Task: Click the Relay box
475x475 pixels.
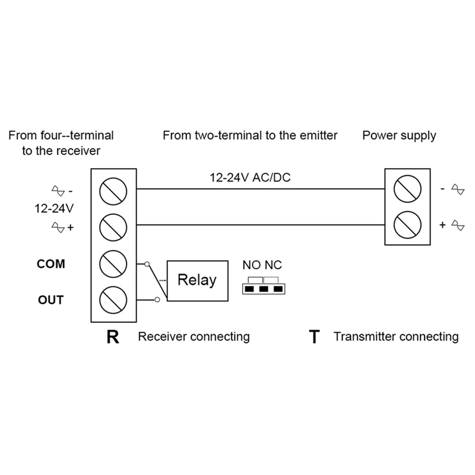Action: click(x=198, y=281)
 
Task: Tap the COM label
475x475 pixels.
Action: click(x=51, y=264)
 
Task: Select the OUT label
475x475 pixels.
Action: click(x=51, y=300)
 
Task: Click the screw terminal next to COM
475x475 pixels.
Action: click(x=113, y=264)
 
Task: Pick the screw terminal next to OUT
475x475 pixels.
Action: click(x=113, y=300)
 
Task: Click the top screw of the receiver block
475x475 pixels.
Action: click(x=113, y=191)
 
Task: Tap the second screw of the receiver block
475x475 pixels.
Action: click(x=113, y=227)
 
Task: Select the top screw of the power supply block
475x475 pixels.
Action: click(x=407, y=189)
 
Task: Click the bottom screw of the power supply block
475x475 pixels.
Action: click(x=407, y=225)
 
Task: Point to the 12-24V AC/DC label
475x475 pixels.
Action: click(x=250, y=178)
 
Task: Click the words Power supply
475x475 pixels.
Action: click(x=399, y=136)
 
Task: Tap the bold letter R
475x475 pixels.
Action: click(x=113, y=337)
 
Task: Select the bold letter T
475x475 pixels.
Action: click(x=315, y=337)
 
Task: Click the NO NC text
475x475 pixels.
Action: click(x=262, y=265)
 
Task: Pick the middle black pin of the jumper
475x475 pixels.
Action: click(x=264, y=289)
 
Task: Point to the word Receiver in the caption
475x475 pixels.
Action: click(x=162, y=337)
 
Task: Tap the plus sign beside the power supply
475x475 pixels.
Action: click(x=442, y=225)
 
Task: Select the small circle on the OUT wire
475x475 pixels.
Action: click(x=157, y=300)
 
